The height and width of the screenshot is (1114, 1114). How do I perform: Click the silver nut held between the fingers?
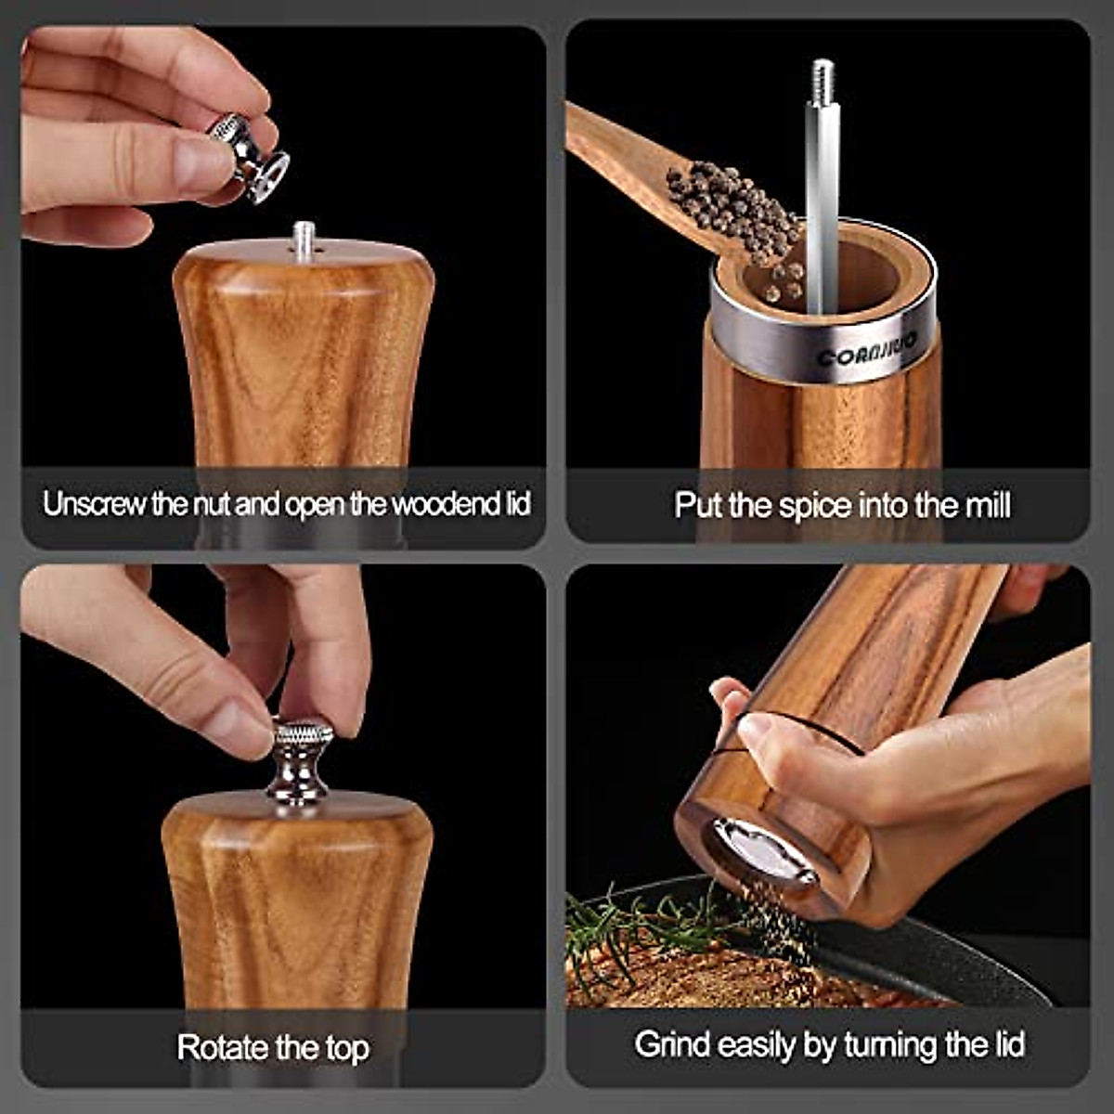pos(249,157)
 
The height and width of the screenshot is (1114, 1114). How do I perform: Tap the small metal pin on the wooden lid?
pos(303,236)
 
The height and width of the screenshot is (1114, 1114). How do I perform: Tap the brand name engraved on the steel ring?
pos(867,349)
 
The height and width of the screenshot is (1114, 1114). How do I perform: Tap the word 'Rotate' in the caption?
pos(223,1047)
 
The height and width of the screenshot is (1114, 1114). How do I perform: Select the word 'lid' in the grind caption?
pos(1006,1044)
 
